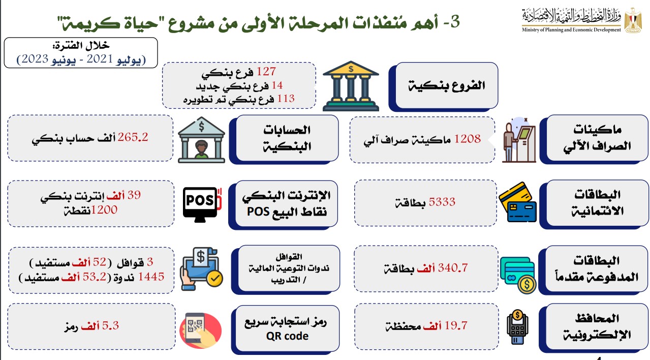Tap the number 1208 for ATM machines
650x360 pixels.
[467, 139]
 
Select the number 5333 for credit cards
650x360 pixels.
[442, 202]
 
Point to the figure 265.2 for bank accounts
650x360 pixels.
[133, 137]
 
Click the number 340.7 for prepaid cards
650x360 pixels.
[453, 267]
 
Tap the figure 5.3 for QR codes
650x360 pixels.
[110, 325]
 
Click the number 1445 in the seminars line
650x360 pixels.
[151, 277]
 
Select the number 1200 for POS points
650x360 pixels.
[104, 209]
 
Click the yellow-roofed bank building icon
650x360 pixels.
[351, 86]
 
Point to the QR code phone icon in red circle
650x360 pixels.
[201, 331]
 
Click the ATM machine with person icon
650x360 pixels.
[519, 140]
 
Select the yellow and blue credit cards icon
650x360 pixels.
[518, 202]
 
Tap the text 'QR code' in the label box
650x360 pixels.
[287, 336]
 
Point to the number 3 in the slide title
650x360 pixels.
[455, 22]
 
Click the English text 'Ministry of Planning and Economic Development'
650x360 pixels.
[571, 29]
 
